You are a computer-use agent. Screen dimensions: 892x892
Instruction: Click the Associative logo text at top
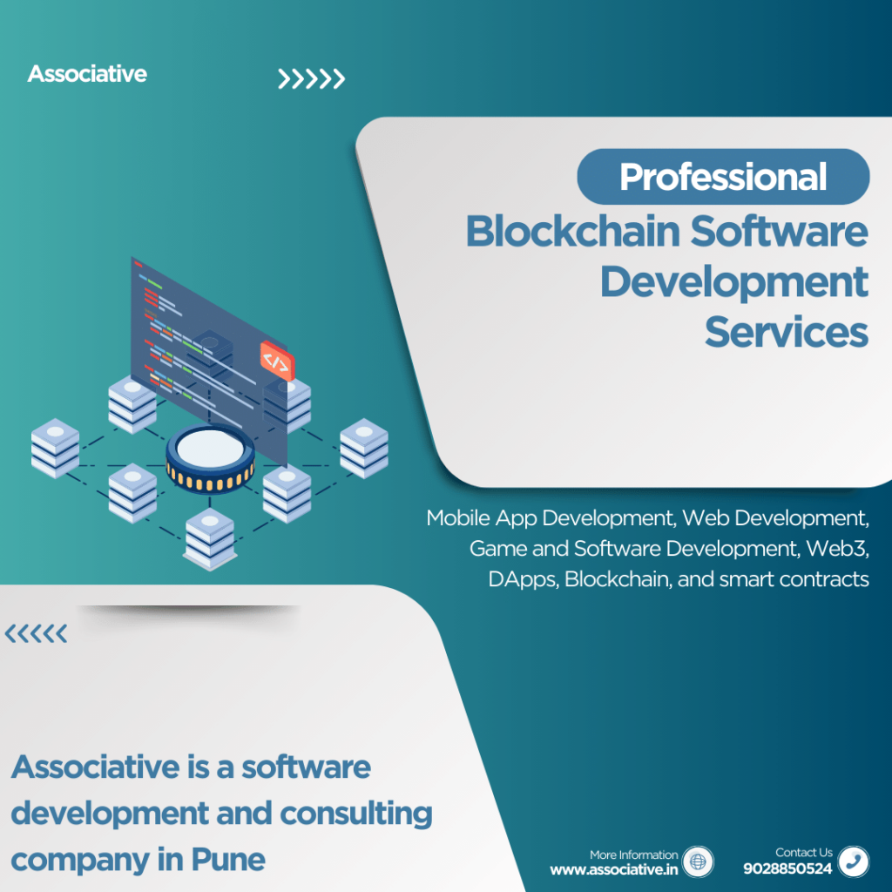tap(87, 74)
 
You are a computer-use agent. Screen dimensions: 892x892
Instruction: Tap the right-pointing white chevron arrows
tap(311, 80)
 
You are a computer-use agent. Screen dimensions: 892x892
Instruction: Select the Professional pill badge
tap(723, 177)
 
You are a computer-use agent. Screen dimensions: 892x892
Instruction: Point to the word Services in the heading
tap(786, 332)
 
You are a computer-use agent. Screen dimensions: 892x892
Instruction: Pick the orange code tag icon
tap(275, 360)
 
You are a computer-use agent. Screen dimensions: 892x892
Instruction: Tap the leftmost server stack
tap(55, 447)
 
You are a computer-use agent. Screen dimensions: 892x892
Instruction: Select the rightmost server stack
tap(363, 447)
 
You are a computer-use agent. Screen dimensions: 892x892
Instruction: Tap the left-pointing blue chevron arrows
tap(36, 634)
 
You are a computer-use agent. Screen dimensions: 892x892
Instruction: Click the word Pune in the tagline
tap(227, 860)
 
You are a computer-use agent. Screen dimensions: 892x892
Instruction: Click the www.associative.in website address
tap(613, 868)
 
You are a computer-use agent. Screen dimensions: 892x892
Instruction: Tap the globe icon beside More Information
tap(697, 862)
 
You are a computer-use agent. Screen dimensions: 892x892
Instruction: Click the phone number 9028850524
tap(787, 868)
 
